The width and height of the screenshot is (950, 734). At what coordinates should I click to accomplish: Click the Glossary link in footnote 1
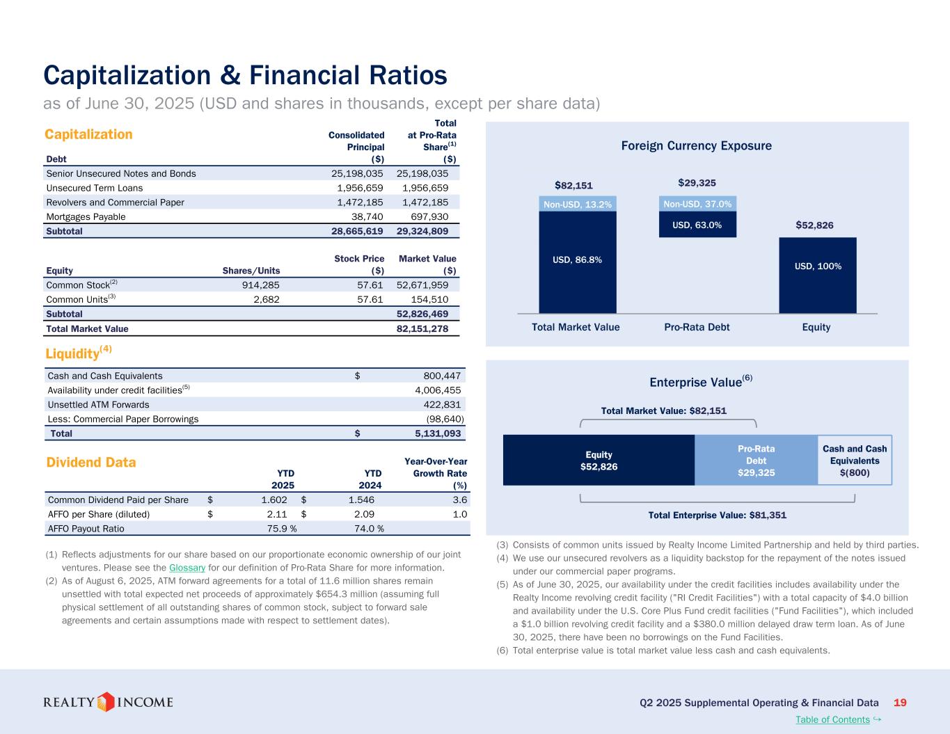187,568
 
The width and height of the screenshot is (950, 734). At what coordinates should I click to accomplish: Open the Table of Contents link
832,719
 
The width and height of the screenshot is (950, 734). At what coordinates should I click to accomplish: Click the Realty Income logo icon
106,701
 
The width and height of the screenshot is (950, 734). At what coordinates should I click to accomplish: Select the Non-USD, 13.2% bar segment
578,205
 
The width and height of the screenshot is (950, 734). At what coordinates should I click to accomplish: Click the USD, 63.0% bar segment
697,225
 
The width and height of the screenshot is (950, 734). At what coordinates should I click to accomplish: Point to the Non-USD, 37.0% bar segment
697,204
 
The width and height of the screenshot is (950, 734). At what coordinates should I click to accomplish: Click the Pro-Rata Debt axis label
697,327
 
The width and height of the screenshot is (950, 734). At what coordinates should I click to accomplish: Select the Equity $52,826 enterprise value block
599,460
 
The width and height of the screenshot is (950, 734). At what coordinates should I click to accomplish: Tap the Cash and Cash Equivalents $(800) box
855,460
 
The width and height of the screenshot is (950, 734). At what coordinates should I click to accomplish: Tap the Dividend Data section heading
90,463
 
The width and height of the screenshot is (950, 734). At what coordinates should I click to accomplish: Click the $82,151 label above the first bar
573,185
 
